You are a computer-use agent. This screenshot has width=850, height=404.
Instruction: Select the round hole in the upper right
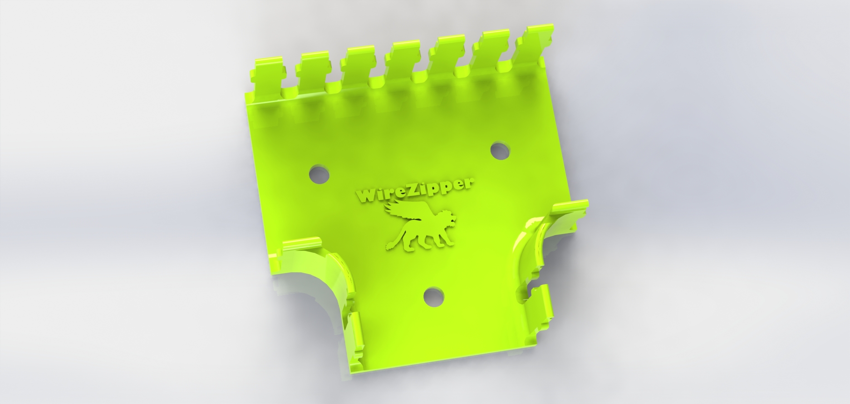tap(500, 151)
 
